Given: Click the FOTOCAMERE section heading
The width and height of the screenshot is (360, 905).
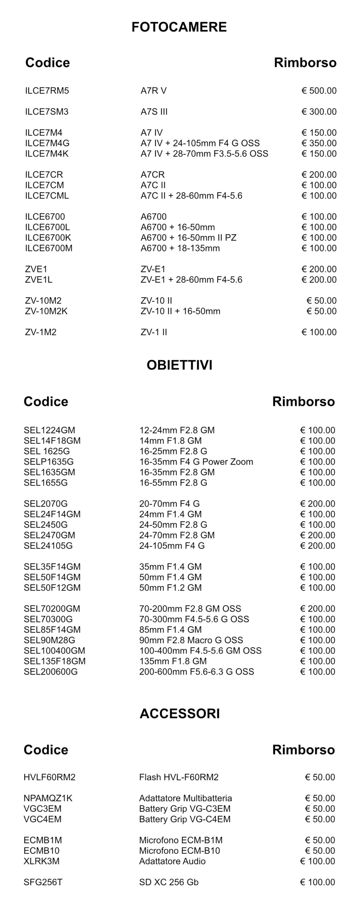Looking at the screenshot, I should (x=179, y=27).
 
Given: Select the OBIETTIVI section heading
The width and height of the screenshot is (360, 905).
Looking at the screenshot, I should (x=179, y=365).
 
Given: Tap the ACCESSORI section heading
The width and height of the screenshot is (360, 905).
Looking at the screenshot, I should (x=180, y=713).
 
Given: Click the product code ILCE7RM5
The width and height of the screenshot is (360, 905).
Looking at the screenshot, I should (x=47, y=91).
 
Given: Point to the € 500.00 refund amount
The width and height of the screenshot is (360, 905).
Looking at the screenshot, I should (x=319, y=91).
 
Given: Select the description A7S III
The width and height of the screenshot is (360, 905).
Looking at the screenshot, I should (x=154, y=112).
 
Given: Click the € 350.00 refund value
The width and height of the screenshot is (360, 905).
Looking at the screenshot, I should (x=319, y=143).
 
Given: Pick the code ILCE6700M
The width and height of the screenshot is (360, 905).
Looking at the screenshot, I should (x=48, y=248).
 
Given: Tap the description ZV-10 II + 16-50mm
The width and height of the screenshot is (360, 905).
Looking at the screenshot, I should (x=180, y=311).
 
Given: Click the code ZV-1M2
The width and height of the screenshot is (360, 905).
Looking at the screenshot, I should (x=41, y=332).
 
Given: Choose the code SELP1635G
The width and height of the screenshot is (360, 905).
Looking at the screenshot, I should (x=49, y=462).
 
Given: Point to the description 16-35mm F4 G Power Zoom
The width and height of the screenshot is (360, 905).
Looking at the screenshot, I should (x=196, y=462).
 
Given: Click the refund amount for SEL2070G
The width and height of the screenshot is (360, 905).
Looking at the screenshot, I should (x=317, y=503).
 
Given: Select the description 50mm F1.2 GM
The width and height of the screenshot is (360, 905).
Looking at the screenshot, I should (x=170, y=588).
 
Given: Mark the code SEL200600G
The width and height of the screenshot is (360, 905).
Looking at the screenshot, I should (x=51, y=671).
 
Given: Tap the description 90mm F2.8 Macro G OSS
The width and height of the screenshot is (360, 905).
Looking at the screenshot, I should (x=191, y=640).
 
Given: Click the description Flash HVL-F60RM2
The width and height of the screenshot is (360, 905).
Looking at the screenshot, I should (x=179, y=777).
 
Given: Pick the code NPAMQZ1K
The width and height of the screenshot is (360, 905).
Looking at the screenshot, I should (x=48, y=798).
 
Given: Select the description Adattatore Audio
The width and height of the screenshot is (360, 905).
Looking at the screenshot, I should (x=172, y=861).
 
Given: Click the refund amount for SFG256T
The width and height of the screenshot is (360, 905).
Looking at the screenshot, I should (x=317, y=882).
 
